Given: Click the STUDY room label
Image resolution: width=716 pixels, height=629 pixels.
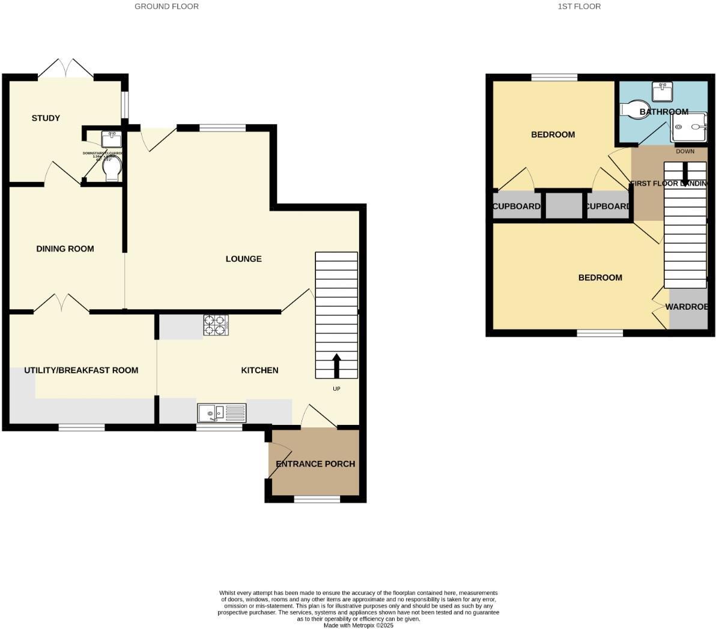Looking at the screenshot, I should tap(46, 118).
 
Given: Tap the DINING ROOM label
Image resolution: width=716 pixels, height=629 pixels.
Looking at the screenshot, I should tap(65, 249).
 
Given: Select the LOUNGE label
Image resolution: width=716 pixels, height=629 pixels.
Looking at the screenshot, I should tap(243, 259).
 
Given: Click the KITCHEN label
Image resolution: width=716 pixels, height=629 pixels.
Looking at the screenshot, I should tap(259, 370).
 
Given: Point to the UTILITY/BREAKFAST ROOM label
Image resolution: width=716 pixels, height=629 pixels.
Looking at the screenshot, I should tap(81, 370).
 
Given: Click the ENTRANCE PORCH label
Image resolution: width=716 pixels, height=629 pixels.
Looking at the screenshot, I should tap(315, 464).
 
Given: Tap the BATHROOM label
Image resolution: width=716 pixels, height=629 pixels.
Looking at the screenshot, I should tap(664, 112).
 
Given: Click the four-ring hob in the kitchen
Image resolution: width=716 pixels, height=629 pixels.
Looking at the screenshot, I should tap(216, 325).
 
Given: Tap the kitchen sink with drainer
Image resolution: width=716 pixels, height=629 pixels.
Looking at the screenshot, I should tap(221, 413).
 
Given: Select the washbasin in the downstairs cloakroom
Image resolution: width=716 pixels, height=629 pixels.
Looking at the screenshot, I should tap(111, 139).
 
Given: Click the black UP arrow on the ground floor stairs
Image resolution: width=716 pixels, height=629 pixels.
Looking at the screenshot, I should tap(336, 366).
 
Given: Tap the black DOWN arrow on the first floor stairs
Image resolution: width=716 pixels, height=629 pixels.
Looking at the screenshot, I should tap(685, 174).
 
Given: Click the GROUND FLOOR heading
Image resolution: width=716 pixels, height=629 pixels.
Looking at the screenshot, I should tap(166, 7).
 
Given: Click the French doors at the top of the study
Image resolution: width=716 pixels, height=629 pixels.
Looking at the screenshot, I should tap(65, 69).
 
